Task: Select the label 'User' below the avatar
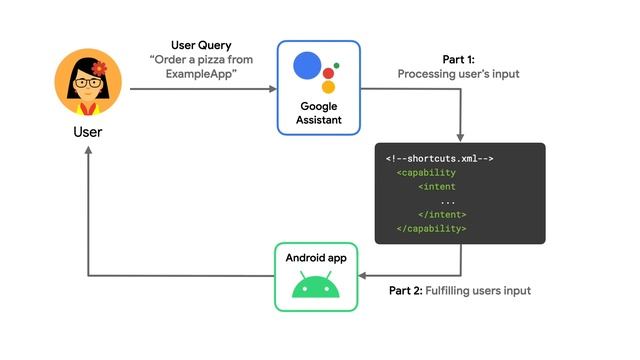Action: pyautogui.click(x=87, y=131)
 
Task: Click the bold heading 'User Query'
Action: pyautogui.click(x=200, y=46)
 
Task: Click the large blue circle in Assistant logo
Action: pyautogui.click(x=308, y=67)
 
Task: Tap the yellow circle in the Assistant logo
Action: pyautogui.click(x=328, y=86)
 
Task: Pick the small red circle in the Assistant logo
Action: pyautogui.click(x=336, y=66)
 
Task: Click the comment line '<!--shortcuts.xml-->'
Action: pyautogui.click(x=439, y=159)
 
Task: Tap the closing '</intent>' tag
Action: pyautogui.click(x=442, y=214)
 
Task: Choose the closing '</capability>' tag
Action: pyautogui.click(x=431, y=228)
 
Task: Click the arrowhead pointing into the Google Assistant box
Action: pyautogui.click(x=271, y=89)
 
